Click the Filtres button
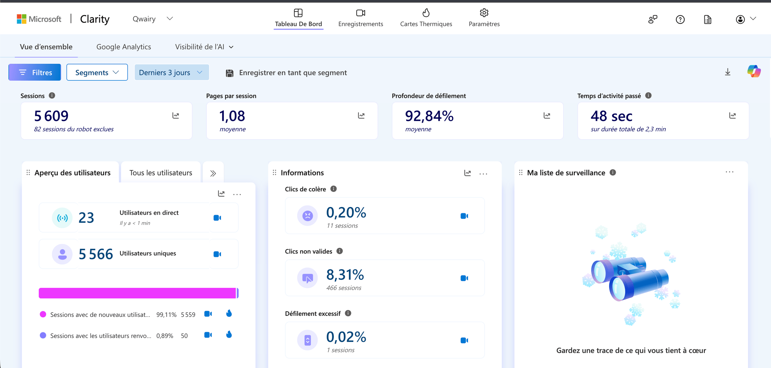tap(35, 72)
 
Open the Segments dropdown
tap(97, 72)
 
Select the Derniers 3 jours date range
tap(172, 72)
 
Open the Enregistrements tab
tap(360, 18)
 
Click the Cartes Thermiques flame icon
tap(426, 13)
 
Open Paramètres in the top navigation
tap(484, 18)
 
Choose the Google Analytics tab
tap(124, 47)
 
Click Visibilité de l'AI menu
tap(204, 47)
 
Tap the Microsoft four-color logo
tap(22, 19)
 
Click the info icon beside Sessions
tap(52, 95)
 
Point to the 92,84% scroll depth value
tap(429, 116)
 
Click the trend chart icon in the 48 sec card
tap(732, 115)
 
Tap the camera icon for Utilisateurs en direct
tap(217, 218)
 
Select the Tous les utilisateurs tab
tap(161, 173)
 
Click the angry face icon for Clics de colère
tap(307, 216)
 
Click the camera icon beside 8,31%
tap(464, 278)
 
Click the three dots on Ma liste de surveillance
tap(730, 172)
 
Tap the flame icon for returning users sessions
tap(229, 335)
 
